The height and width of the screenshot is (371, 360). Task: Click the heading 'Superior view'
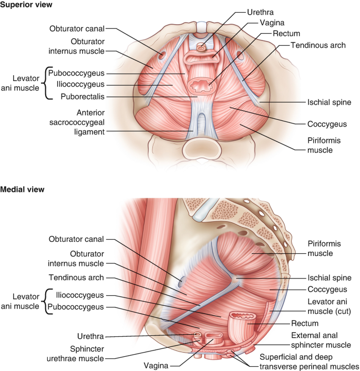point(26,5)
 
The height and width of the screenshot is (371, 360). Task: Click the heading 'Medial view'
point(22,189)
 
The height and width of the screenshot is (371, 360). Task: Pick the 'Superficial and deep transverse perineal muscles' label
point(308,361)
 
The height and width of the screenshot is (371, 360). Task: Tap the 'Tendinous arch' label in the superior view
point(320,46)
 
